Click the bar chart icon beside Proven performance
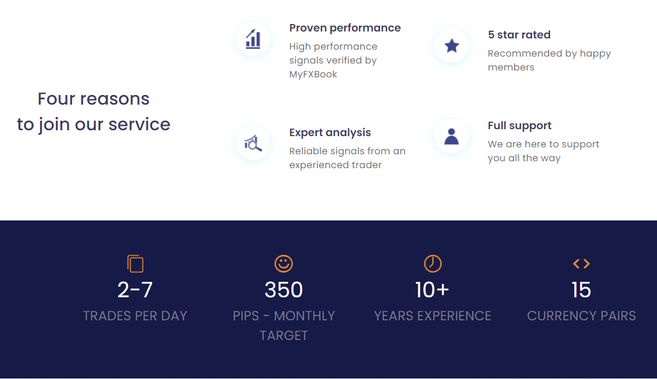click(253, 38)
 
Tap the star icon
click(452, 45)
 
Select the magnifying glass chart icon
click(253, 143)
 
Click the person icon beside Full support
click(452, 137)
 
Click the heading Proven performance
click(345, 28)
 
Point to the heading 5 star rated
click(519, 35)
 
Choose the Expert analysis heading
click(330, 132)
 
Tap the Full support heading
click(519, 125)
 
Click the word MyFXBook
click(313, 74)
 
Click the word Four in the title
click(57, 99)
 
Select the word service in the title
click(139, 124)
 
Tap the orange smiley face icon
click(283, 263)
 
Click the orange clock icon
click(433, 263)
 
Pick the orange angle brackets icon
click(581, 263)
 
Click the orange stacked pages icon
click(135, 263)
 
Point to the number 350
click(283, 289)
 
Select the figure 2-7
click(135, 289)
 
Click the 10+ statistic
click(432, 289)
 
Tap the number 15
click(581, 289)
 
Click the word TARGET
click(283, 336)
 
